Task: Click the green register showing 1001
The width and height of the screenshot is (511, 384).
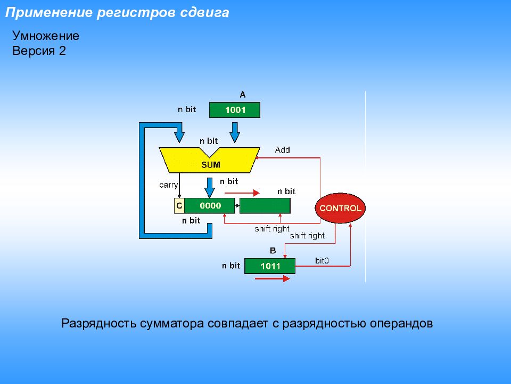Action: pos(235,110)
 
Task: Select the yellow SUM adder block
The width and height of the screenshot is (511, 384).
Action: pos(210,161)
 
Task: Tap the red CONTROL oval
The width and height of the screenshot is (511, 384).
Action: pos(340,208)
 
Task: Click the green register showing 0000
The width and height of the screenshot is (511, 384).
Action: pos(210,205)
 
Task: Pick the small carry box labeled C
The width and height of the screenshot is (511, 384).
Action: pos(179,205)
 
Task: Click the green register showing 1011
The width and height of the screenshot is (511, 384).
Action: pos(270,266)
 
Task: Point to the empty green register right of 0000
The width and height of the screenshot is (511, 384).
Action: pos(265,205)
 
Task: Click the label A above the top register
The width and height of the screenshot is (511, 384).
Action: pos(242,94)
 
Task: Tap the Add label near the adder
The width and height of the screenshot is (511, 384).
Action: pos(282,150)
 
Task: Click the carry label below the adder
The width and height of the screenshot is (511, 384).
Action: pos(168,185)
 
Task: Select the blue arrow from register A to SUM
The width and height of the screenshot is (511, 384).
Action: pos(234,131)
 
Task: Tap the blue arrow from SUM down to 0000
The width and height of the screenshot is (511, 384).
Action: pos(210,187)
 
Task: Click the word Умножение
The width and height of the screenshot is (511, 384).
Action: pos(46,36)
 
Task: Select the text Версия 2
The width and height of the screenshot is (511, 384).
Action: pos(39,51)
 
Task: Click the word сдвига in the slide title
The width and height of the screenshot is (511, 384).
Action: pos(208,13)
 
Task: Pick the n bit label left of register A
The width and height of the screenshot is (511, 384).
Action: pos(187,109)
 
